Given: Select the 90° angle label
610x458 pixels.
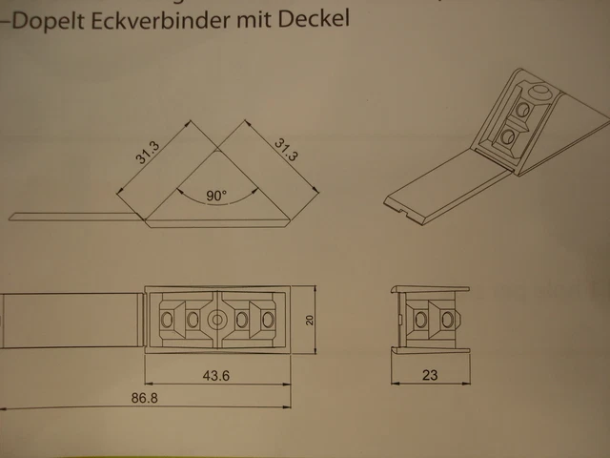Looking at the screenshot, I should pyautogui.click(x=217, y=197).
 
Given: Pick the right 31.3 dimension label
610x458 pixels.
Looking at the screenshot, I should pyautogui.click(x=286, y=150).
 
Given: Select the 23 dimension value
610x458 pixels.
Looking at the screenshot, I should pyautogui.click(x=429, y=376).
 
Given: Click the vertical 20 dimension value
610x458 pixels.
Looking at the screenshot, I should pyautogui.click(x=309, y=321).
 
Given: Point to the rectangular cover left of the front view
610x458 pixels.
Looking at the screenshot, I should pyautogui.click(x=67, y=323).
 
